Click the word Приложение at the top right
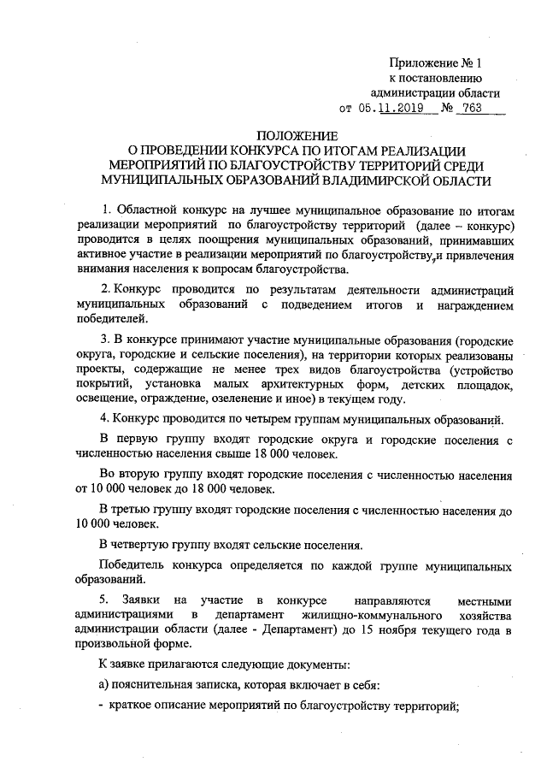tap(422, 62)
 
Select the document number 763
tap(470, 109)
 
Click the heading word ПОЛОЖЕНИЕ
tap(298, 136)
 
